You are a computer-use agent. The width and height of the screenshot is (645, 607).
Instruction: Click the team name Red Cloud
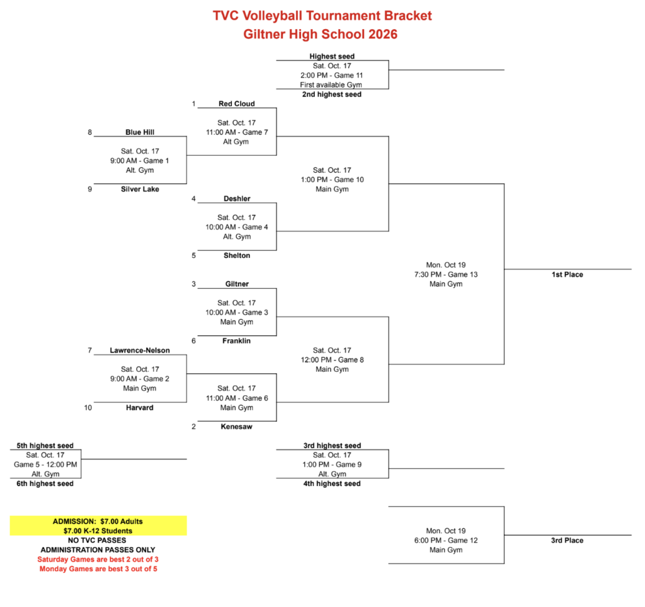237,104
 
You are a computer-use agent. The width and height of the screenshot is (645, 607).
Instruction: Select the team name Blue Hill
140,132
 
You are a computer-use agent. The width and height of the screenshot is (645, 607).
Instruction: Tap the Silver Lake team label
140,189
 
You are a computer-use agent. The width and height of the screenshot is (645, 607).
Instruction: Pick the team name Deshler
237,199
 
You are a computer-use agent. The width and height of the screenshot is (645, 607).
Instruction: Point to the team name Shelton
237,255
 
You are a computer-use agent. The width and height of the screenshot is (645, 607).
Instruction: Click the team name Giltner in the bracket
237,284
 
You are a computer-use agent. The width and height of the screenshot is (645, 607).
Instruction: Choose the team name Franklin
237,341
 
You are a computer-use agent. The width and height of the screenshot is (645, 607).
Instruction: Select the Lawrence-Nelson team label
140,350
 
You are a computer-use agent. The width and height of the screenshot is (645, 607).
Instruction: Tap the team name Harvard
140,408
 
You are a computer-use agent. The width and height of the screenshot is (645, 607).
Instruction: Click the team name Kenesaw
237,427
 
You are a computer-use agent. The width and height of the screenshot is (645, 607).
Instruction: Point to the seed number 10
88,408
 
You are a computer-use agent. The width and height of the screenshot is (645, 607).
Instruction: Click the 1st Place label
568,274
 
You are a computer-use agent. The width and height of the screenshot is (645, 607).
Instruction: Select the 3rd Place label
568,540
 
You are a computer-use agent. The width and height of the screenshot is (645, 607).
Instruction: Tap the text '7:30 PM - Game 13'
446,274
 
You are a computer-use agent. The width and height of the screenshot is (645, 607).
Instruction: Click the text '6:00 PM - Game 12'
446,540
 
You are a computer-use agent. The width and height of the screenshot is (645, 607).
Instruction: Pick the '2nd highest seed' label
332,95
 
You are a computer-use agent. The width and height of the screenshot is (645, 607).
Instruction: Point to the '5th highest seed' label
45,446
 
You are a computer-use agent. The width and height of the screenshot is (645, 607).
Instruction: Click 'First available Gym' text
331,84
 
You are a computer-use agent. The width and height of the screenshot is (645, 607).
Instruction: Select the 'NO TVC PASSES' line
97,540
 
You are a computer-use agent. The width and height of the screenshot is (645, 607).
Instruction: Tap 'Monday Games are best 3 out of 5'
98,569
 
